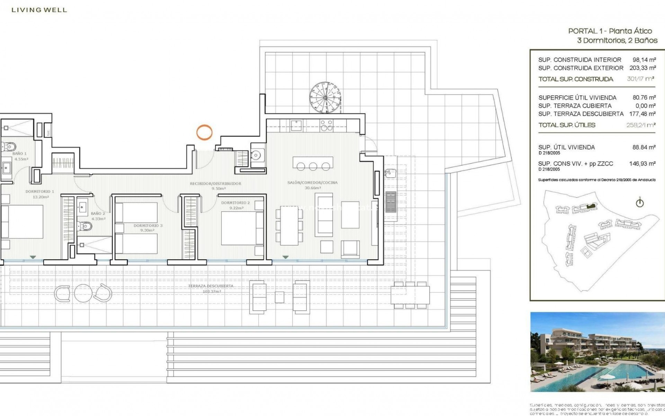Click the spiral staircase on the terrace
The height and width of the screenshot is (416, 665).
(325, 97)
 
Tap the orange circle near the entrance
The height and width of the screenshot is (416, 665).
(204, 132)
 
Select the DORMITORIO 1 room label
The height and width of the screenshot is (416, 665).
(40, 191)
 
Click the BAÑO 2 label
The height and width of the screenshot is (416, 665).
(98, 214)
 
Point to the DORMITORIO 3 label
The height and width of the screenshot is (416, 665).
(148, 226)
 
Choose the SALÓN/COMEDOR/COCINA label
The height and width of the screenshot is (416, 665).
(312, 183)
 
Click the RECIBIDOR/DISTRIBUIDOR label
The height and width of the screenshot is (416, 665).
(215, 184)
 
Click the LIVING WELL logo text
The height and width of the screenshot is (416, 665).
(39, 10)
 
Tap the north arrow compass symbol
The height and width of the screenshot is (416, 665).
(639, 203)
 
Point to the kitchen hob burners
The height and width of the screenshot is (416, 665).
(326, 125)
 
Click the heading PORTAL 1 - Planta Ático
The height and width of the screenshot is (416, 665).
(610, 31)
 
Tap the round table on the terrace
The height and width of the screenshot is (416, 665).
(83, 293)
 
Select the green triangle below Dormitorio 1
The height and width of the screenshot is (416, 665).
(33, 257)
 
